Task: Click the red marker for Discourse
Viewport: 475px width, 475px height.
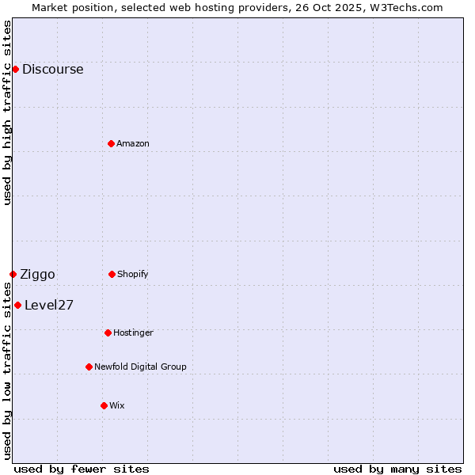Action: click(x=15, y=69)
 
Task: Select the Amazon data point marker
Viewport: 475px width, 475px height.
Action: click(x=111, y=143)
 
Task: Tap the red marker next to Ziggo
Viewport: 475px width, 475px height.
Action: click(x=13, y=274)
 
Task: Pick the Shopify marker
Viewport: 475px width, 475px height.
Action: click(x=112, y=274)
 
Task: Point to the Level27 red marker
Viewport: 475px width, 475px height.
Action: click(x=17, y=305)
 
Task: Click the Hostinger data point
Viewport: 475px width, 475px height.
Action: click(x=108, y=332)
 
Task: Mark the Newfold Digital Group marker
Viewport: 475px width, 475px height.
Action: click(x=89, y=367)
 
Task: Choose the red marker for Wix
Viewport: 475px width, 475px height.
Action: click(x=104, y=405)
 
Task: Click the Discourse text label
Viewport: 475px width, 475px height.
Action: click(x=52, y=69)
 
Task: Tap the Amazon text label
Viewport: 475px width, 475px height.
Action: click(x=132, y=143)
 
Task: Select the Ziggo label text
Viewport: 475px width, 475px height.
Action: click(x=37, y=274)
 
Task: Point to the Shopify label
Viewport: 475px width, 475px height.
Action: click(x=132, y=274)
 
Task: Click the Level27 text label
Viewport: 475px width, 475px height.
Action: click(x=49, y=305)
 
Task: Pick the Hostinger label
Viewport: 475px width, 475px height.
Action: click(x=133, y=332)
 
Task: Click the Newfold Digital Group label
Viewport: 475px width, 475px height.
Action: click(x=140, y=367)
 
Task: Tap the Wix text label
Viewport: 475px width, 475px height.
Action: click(x=116, y=405)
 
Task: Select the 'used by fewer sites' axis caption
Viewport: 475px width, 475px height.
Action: click(x=82, y=469)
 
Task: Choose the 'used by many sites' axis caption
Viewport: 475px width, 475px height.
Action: click(x=397, y=469)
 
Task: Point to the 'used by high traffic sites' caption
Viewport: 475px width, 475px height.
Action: click(x=7, y=112)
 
